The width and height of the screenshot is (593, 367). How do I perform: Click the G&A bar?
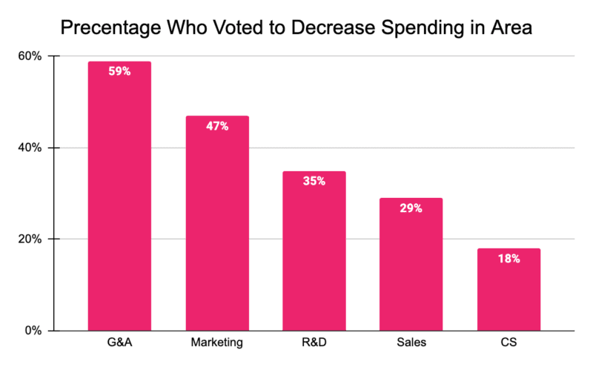click(119, 200)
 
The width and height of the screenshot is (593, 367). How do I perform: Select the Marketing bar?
click(216, 226)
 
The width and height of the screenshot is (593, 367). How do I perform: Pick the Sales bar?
click(411, 267)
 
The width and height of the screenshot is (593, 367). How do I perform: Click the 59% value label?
click(119, 72)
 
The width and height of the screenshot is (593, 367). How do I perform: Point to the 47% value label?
click(217, 126)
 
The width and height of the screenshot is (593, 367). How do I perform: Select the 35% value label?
click(314, 181)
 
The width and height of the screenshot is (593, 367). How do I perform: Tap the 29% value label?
click(411, 208)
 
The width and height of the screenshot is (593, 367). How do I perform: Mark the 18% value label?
click(508, 259)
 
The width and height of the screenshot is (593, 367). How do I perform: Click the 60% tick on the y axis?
click(30, 56)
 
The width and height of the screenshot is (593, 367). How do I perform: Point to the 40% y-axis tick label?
click(30, 148)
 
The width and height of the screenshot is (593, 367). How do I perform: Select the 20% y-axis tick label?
click(30, 239)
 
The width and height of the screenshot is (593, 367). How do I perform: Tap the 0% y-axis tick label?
click(33, 331)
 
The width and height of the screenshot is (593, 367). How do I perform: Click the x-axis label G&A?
click(119, 345)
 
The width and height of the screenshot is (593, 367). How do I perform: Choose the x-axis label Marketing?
click(216, 345)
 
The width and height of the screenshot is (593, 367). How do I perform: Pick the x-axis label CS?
click(508, 345)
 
